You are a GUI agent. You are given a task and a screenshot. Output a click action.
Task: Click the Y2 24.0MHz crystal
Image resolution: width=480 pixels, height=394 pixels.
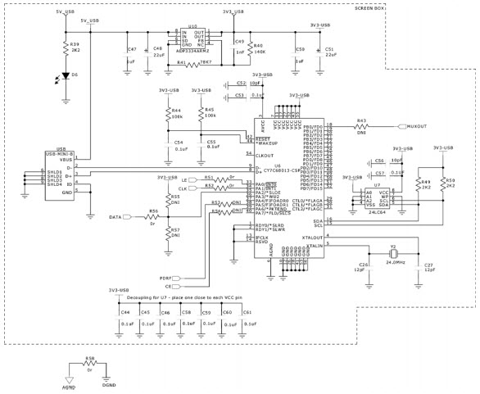pos(394,252)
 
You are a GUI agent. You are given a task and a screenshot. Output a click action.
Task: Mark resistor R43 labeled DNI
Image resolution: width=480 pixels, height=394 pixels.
pos(361,126)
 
